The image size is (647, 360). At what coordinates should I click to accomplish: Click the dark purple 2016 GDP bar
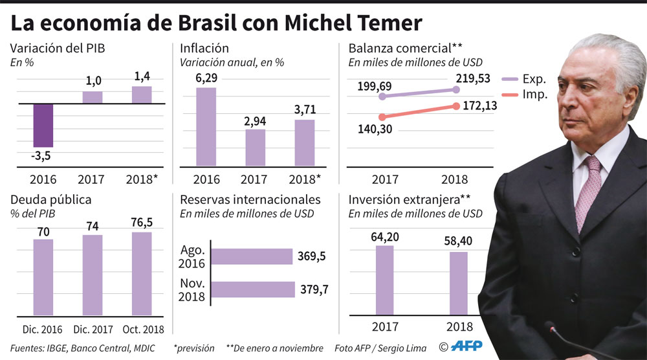click(43, 125)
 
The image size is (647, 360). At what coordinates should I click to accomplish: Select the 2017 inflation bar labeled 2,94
click(256, 147)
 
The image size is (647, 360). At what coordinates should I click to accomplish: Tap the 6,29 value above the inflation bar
click(206, 78)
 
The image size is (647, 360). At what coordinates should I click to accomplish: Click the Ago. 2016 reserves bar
click(252, 256)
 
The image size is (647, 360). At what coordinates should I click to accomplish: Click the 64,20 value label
click(384, 237)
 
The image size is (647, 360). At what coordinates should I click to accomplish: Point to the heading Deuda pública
click(50, 199)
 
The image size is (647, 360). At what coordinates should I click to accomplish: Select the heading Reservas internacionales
click(250, 199)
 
